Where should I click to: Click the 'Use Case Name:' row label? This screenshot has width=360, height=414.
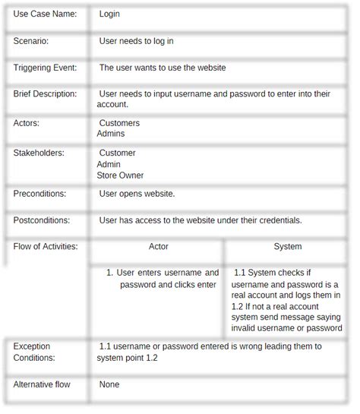(x=45, y=14)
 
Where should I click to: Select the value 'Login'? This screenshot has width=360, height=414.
(x=109, y=14)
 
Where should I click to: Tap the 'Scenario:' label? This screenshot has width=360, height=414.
(x=31, y=41)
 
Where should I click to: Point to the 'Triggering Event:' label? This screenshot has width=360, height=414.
(x=45, y=68)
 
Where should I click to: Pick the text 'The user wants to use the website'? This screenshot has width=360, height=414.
(x=162, y=68)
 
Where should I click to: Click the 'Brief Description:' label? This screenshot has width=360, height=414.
(x=45, y=94)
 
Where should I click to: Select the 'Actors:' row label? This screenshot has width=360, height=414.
(x=27, y=123)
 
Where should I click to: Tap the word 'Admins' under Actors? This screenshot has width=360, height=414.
(x=111, y=134)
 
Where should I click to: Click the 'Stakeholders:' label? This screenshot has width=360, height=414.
(x=39, y=153)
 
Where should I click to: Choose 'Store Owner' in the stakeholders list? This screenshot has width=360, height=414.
(x=120, y=175)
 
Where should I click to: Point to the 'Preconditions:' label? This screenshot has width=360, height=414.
(x=39, y=194)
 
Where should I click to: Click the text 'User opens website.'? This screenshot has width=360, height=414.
(x=137, y=194)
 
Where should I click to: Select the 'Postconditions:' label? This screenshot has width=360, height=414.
(x=42, y=220)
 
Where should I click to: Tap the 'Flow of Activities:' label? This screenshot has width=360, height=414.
(x=46, y=247)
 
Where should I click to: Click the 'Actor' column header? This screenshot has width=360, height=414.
(x=159, y=247)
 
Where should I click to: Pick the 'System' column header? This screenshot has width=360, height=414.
(x=288, y=247)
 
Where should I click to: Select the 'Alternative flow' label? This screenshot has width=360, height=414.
(x=42, y=384)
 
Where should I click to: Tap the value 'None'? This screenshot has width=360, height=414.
(x=109, y=384)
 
